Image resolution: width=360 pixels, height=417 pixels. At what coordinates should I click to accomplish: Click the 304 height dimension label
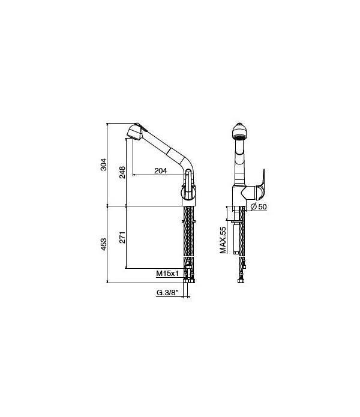click(103, 164)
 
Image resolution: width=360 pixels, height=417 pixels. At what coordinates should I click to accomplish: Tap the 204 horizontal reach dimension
click(160, 171)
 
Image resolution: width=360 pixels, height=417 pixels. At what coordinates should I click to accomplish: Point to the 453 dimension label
click(103, 243)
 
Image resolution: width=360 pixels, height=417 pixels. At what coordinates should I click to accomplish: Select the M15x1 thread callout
click(168, 274)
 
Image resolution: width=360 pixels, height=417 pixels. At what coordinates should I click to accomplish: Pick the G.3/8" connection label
click(167, 293)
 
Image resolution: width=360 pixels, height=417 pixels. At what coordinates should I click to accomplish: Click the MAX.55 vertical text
click(223, 240)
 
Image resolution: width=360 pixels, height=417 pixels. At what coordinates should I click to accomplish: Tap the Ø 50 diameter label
click(259, 206)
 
